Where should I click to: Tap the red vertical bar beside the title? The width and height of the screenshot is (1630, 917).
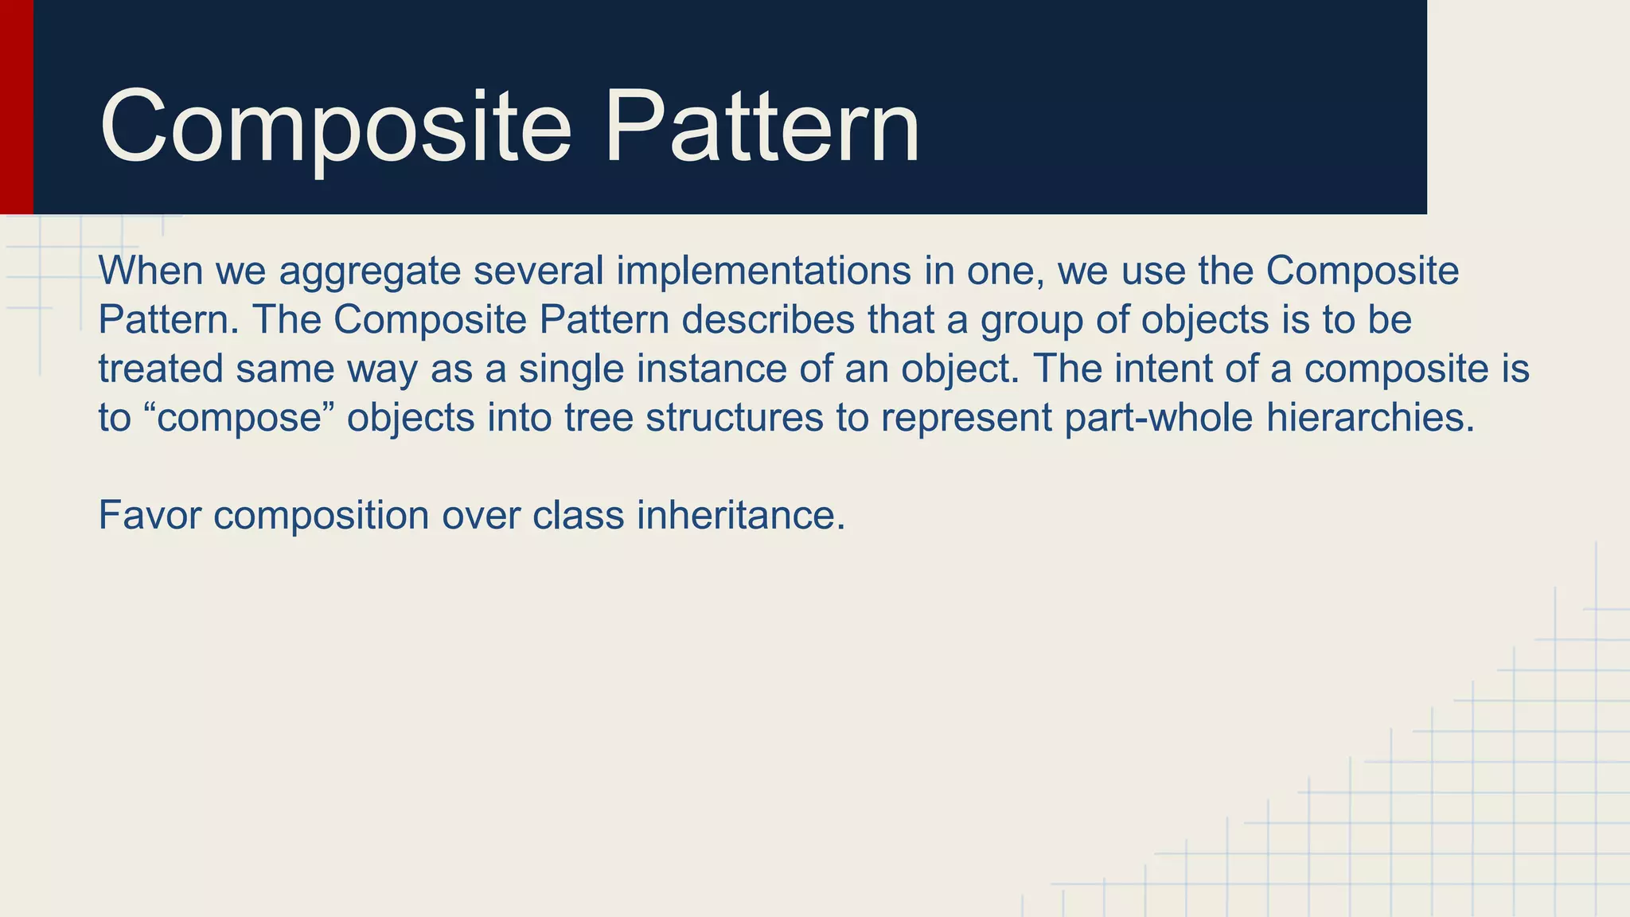(16, 107)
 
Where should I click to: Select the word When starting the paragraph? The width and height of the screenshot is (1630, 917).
(150, 271)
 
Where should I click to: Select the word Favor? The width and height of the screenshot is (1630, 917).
(149, 515)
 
